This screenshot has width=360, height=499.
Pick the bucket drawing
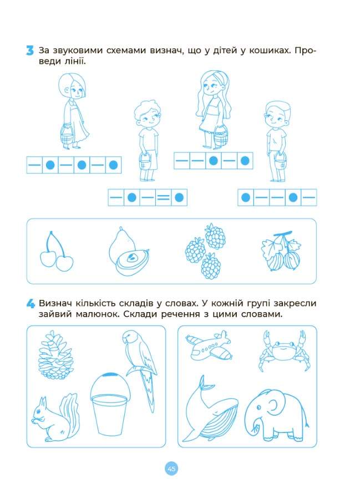(110, 404)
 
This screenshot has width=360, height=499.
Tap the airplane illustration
(209, 345)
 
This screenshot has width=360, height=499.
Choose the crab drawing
(284, 350)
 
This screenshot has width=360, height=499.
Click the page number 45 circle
(171, 469)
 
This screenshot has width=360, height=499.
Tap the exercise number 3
(30, 51)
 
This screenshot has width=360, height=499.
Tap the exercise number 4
(31, 304)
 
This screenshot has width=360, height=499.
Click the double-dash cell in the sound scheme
(163, 197)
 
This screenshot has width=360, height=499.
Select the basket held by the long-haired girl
(221, 136)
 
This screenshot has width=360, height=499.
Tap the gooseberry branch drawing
(281, 251)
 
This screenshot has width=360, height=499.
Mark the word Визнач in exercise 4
(55, 303)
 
